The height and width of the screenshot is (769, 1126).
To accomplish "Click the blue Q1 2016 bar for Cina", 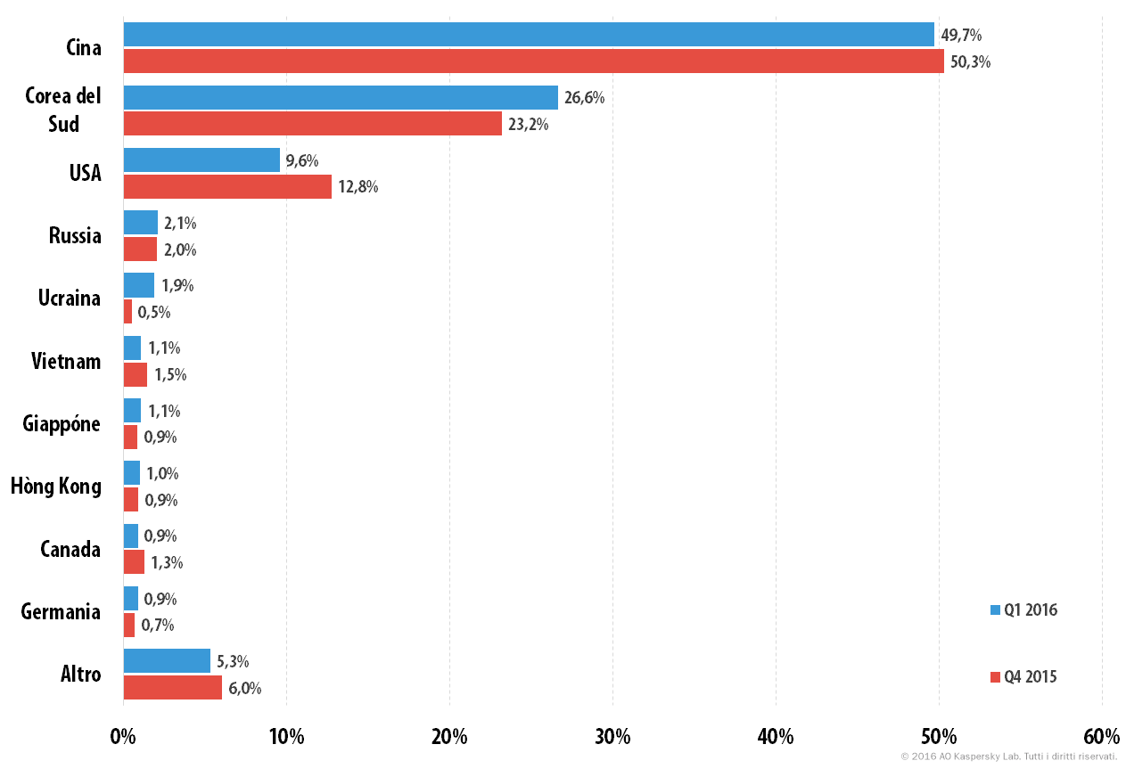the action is click(x=529, y=34).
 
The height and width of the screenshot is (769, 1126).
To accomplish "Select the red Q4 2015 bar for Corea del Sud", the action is click(x=313, y=124).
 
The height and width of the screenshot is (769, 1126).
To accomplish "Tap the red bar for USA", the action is click(x=227, y=187).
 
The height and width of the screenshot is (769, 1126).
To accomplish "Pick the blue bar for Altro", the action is click(x=167, y=660).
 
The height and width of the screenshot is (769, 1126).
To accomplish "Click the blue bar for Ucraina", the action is click(x=139, y=285).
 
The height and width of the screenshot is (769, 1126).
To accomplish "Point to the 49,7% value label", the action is click(x=961, y=35).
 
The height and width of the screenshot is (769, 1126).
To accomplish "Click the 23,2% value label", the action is click(x=529, y=124).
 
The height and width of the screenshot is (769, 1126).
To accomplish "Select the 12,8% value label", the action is click(x=358, y=187).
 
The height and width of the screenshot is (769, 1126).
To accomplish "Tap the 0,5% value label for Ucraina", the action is click(x=154, y=313).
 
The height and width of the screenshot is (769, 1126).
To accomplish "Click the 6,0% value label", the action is click(x=245, y=688).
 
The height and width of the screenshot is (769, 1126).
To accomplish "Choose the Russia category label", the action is click(x=75, y=235).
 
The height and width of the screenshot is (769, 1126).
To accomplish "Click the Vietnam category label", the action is click(x=66, y=361).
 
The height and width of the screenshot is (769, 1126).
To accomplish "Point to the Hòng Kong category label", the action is click(x=56, y=486).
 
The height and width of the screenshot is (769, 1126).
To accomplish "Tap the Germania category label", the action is click(x=61, y=612).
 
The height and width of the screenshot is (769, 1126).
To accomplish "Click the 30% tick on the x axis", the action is click(x=612, y=737).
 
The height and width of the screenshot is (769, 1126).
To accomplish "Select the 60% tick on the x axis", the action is click(x=1102, y=737).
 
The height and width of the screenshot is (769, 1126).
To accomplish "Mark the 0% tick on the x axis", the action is click(x=123, y=737).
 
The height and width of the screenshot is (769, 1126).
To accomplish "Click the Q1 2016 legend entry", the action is click(x=1024, y=609).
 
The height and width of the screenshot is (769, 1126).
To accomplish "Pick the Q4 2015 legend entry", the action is click(x=1023, y=677).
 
